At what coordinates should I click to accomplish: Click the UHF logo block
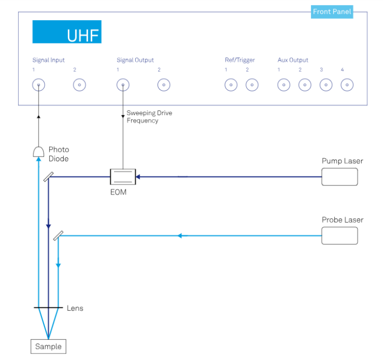67,32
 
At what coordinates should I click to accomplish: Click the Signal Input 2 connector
80,85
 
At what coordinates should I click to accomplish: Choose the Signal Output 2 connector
164,85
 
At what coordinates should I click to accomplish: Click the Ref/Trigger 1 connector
231,85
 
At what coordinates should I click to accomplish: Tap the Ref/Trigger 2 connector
252,85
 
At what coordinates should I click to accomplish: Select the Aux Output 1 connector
284,85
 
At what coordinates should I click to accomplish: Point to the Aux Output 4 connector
347,85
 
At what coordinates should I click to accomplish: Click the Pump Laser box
339,176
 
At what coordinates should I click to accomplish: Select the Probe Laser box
339,236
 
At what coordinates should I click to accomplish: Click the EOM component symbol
123,177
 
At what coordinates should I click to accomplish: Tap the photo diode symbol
39,151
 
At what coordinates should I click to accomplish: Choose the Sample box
48,347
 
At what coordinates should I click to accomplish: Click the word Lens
75,308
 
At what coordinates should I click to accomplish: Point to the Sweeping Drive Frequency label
149,117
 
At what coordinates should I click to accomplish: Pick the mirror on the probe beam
58,236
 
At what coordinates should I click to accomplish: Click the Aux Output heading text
293,60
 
